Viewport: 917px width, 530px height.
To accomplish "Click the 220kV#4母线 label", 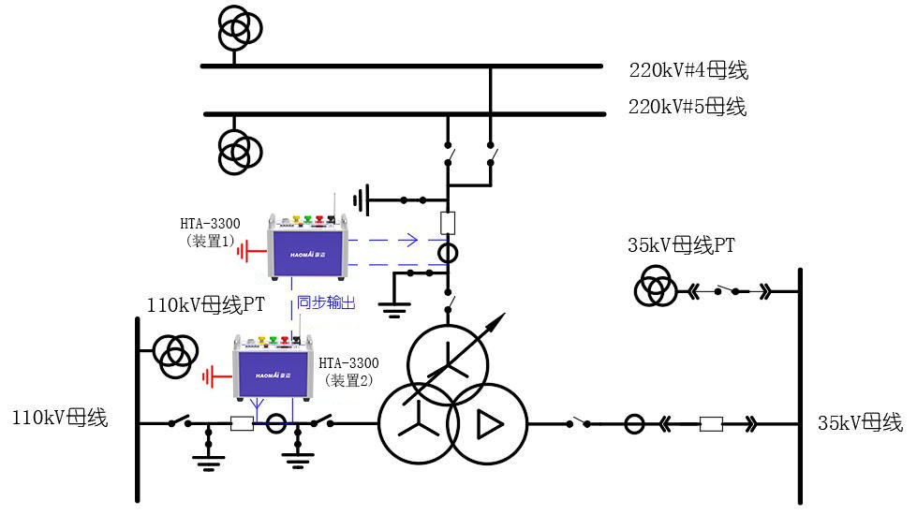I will click(688, 70).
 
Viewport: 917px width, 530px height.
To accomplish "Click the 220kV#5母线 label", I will click(688, 107).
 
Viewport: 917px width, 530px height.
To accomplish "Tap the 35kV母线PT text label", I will click(681, 246).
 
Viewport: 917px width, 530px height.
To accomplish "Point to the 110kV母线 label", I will click(59, 418).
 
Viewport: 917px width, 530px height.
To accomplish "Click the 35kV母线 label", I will click(859, 421).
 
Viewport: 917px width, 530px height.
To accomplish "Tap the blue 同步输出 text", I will click(326, 302).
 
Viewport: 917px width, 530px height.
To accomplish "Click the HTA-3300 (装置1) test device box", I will click(306, 244).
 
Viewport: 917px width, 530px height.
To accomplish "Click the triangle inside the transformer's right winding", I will click(488, 424).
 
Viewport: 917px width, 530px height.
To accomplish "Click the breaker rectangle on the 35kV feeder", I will click(711, 424).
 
